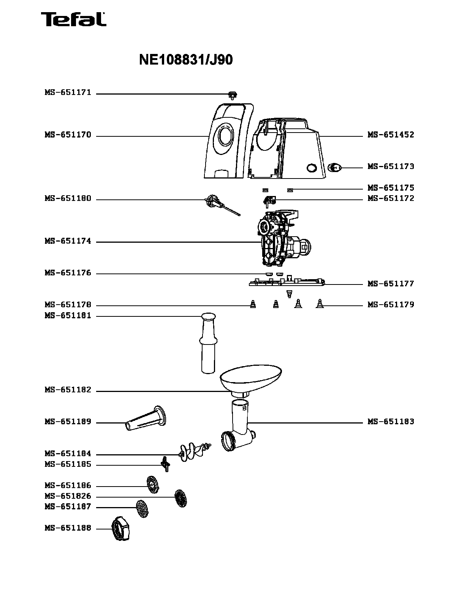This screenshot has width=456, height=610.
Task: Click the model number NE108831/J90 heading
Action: (x=186, y=60)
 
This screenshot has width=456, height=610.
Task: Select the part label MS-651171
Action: (x=68, y=92)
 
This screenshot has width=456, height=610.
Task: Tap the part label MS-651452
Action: (x=391, y=135)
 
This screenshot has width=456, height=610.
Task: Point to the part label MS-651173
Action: (x=391, y=166)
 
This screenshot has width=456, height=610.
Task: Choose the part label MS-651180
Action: (x=68, y=199)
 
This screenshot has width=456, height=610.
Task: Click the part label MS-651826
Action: (x=68, y=496)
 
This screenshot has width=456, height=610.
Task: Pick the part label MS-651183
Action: (x=391, y=422)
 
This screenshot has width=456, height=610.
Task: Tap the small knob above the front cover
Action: (x=233, y=94)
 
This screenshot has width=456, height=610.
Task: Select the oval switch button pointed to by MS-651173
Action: (x=334, y=167)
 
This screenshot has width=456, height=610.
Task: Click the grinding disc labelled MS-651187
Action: (x=142, y=509)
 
